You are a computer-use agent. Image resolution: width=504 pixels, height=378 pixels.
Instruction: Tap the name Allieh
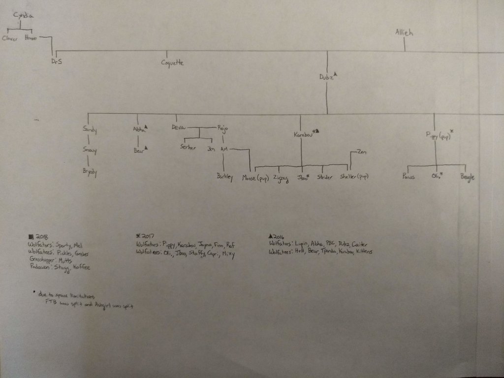(404, 33)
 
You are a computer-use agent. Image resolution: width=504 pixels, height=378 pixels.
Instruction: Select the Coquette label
(173, 63)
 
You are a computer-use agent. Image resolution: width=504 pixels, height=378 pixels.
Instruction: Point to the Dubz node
(326, 77)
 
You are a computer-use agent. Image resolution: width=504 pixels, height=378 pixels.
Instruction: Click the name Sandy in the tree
(90, 130)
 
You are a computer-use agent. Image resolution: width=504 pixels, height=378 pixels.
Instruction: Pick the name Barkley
(224, 177)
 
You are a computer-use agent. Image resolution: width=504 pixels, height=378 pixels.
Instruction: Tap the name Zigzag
(280, 177)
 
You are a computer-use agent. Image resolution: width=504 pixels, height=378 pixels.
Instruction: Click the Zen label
(361, 151)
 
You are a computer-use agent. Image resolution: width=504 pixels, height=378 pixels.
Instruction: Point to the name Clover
(10, 38)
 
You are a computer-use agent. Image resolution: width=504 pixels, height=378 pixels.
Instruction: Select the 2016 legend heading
(279, 236)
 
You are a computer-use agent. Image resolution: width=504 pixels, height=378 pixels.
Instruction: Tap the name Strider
(325, 177)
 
